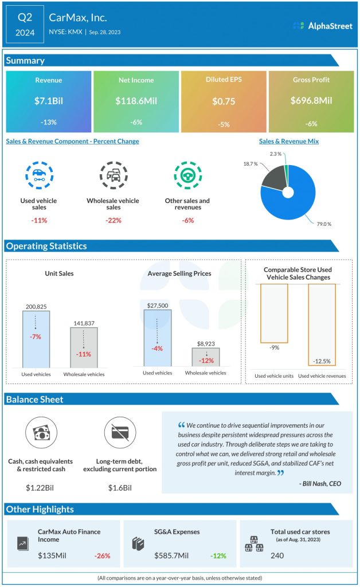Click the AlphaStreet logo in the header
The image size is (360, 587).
coord(322,26)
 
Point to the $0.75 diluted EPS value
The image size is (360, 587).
coord(224,100)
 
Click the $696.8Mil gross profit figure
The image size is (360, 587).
coord(311,100)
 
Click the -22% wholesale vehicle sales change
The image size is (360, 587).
coord(113,220)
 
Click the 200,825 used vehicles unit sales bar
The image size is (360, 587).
coord(36,338)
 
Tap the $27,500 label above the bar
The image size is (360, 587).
coord(158,306)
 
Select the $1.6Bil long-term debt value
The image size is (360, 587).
coord(120,488)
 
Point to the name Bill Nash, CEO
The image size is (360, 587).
coord(320,483)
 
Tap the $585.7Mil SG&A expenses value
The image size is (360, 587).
coord(174,555)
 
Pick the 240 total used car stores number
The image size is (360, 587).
coord(278,555)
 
